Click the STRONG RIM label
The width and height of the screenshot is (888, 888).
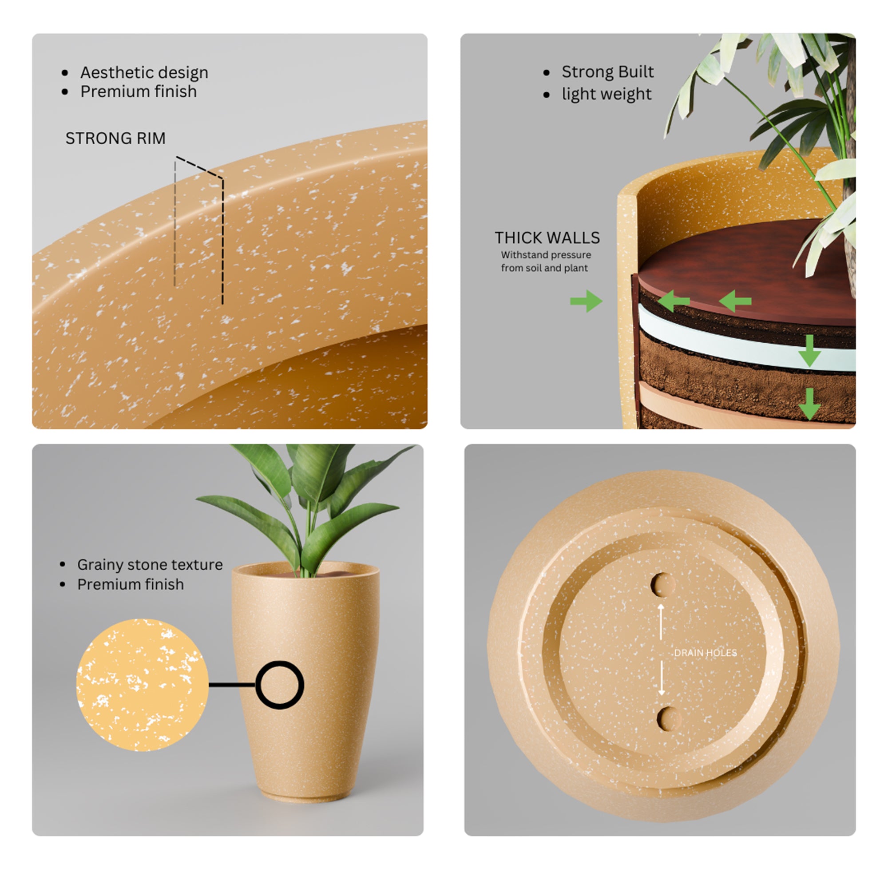pyautogui.click(x=115, y=139)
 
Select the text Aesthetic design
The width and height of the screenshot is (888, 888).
pyautogui.click(x=144, y=73)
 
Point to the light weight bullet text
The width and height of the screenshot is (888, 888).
pyautogui.click(x=607, y=94)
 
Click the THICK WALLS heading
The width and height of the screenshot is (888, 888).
pyautogui.click(x=547, y=238)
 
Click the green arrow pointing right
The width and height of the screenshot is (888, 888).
pyautogui.click(x=586, y=301)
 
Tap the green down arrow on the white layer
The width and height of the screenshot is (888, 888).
pyautogui.click(x=809, y=351)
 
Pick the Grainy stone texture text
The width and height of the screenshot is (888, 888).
pyautogui.click(x=150, y=564)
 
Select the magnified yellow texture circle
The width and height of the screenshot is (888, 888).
pyautogui.click(x=143, y=685)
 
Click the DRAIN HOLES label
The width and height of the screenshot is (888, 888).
pyautogui.click(x=706, y=653)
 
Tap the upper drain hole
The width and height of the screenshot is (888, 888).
pyautogui.click(x=662, y=585)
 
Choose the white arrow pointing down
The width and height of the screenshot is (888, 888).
pyautogui.click(x=662, y=678)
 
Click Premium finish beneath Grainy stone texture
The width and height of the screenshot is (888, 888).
pyautogui.click(x=131, y=584)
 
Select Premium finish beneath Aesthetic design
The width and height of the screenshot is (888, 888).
pyautogui.click(x=139, y=91)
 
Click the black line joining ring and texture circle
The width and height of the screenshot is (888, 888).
pyautogui.click(x=232, y=685)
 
